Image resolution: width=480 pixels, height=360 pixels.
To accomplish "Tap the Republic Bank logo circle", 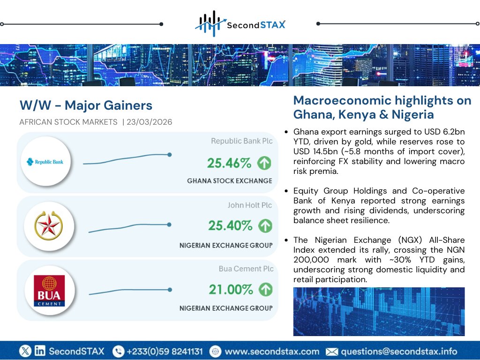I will point(45,162).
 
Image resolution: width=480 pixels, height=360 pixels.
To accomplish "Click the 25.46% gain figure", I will point(229,163).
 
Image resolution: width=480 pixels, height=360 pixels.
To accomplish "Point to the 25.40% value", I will point(230,225).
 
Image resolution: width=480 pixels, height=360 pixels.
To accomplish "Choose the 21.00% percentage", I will point(231,290).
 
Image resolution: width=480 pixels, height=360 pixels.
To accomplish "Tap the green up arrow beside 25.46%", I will point(264,163).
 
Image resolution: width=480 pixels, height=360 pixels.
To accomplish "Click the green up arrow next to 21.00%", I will point(266,290).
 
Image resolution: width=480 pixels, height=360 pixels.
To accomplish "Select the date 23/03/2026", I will point(150,122).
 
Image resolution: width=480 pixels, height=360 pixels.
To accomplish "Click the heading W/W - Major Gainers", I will point(86,105).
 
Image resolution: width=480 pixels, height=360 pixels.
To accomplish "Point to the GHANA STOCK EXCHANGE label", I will point(229,181).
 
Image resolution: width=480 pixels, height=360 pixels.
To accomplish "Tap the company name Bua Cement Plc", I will point(246,269).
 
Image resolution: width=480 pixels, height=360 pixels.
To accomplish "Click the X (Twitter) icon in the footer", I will point(25,351).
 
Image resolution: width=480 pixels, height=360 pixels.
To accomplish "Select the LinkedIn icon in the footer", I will point(40,351).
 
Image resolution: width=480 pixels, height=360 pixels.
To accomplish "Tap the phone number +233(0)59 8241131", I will point(164,351).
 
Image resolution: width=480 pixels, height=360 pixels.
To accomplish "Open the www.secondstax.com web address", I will point(272,351).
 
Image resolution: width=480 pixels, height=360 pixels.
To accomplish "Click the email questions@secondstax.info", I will point(398,351).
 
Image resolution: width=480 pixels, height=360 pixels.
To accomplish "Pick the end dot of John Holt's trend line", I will point(169,225).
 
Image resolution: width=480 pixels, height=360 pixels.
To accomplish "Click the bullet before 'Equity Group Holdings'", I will point(286,192).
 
